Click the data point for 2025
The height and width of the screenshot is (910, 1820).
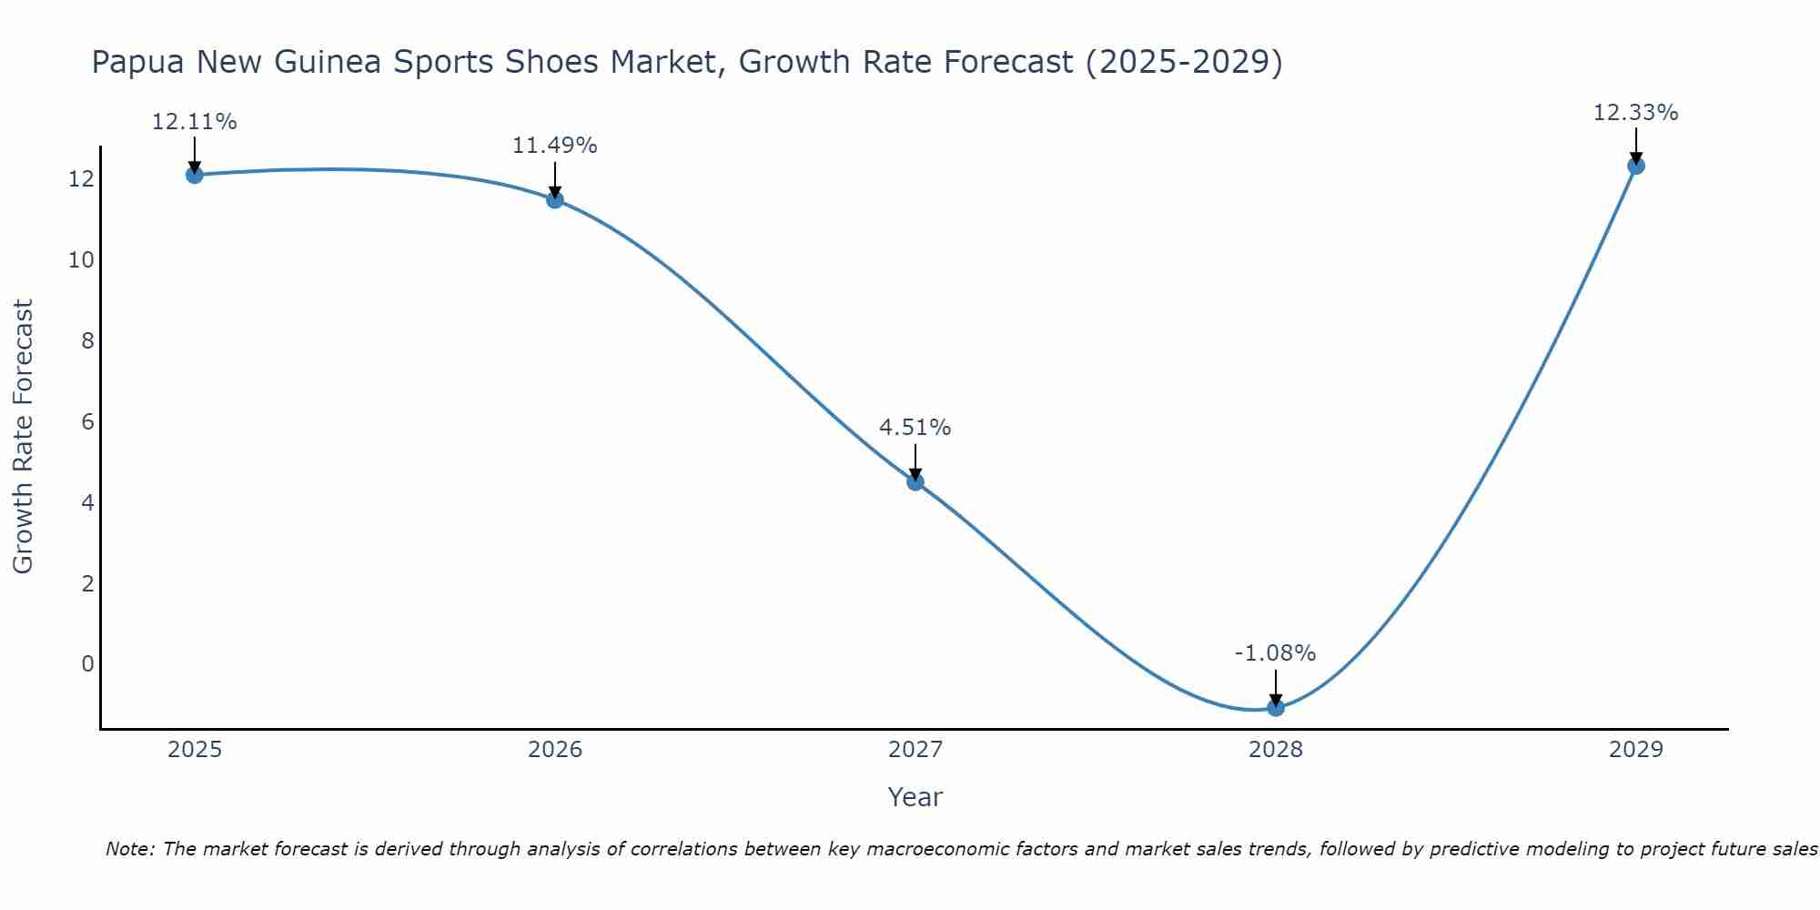(194, 175)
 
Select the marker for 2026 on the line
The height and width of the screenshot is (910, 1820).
(555, 200)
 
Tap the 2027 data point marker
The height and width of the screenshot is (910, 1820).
(915, 482)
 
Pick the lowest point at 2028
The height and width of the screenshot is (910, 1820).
(1276, 707)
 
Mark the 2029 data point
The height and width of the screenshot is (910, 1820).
(1636, 166)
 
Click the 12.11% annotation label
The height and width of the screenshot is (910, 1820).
(194, 122)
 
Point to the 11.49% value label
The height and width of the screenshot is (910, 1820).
(554, 146)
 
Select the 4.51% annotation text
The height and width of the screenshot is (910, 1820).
(915, 428)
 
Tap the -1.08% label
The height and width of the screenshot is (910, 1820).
(1275, 653)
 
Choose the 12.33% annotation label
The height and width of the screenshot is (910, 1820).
(1635, 113)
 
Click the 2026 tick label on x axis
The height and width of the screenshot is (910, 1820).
(555, 750)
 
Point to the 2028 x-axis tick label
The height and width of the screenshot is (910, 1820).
(1276, 750)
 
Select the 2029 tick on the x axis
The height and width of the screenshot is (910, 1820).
(1636, 750)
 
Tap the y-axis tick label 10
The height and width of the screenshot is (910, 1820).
(81, 260)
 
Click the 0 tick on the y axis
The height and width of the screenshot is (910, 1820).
(87, 664)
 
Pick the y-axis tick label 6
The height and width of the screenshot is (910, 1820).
(87, 421)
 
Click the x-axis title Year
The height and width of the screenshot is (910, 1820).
(915, 797)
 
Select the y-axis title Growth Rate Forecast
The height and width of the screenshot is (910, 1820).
(24, 437)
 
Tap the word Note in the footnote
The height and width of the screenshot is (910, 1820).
(130, 849)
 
